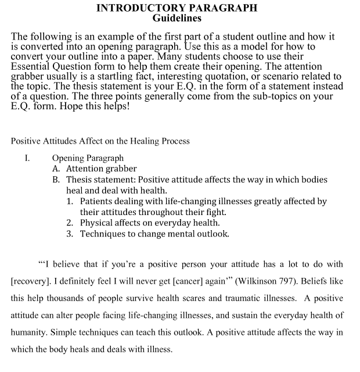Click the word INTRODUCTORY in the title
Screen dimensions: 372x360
click(x=132, y=8)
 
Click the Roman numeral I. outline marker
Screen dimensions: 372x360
click(x=26, y=158)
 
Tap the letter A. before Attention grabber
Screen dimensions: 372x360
click(x=56, y=169)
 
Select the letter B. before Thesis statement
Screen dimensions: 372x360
click(x=56, y=180)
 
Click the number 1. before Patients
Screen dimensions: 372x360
click(x=69, y=201)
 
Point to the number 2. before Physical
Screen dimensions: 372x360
click(x=69, y=223)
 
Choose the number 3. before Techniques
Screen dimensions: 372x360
click(x=69, y=234)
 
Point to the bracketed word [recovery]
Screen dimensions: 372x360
click(x=32, y=281)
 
